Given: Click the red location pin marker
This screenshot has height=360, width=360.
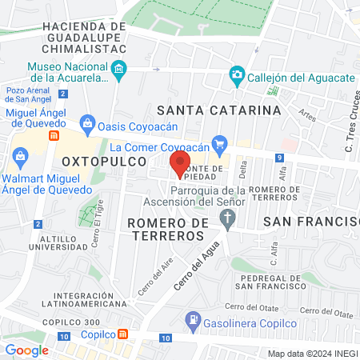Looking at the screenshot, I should tap(177, 164).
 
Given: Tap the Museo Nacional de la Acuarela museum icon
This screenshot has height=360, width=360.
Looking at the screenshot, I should tap(118, 71).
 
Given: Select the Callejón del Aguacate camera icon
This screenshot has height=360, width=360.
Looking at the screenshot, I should tap(237, 75).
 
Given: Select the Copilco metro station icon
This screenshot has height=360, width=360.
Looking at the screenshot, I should tap(122, 334).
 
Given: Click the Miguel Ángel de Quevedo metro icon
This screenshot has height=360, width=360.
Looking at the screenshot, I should tap(54, 135).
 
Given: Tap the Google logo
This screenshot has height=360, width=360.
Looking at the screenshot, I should tap(27, 350).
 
